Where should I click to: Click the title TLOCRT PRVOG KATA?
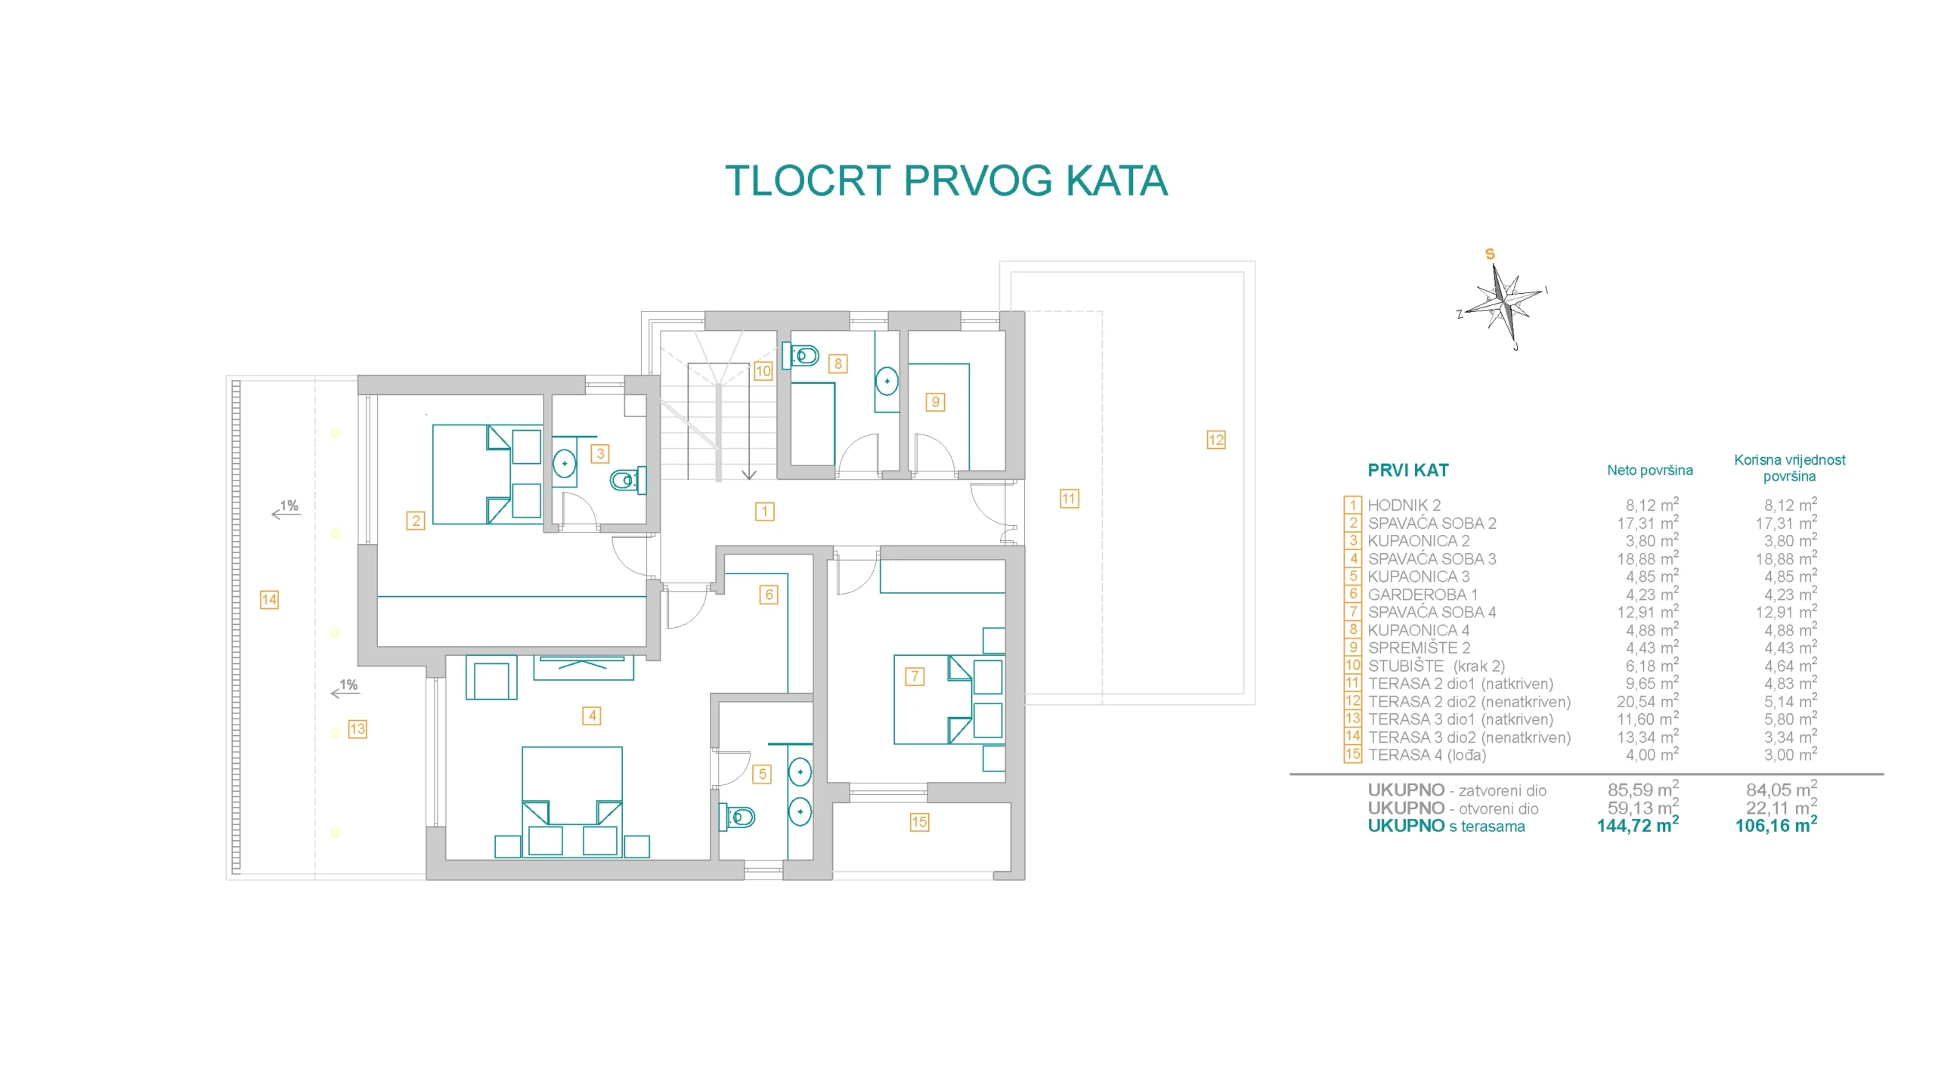click(946, 181)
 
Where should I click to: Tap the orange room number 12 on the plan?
click(1215, 440)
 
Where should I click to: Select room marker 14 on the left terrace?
click(269, 599)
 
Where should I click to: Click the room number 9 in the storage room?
click(935, 401)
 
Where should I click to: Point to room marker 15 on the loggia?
click(918, 822)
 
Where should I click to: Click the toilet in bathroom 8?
click(800, 355)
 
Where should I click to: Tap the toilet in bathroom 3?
click(627, 480)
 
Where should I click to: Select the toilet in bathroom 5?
click(737, 816)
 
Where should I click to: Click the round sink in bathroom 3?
click(564, 462)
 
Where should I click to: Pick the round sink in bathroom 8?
click(887, 381)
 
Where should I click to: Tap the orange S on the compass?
click(1490, 254)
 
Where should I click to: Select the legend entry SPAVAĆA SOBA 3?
click(1432, 559)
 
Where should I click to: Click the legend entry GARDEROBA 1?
click(1423, 595)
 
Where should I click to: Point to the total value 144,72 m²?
click(1637, 825)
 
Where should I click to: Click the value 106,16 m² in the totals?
click(1776, 825)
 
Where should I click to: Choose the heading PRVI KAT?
click(1408, 470)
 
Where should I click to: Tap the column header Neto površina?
click(1649, 470)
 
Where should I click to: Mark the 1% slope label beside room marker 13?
click(348, 685)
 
